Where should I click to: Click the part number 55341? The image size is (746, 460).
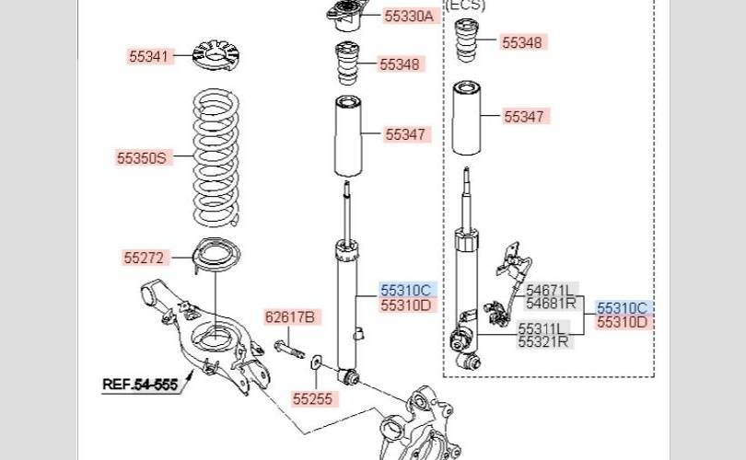[x=148, y=56]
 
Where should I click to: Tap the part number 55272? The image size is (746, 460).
[x=144, y=257]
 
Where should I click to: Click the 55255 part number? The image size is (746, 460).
[x=312, y=398]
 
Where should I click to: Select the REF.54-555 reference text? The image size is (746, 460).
[x=139, y=383]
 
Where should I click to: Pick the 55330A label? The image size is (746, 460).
[x=409, y=16]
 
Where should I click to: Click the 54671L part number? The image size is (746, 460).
[x=550, y=290]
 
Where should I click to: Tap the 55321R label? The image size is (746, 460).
[x=543, y=341]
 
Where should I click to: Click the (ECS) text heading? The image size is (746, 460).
[x=465, y=5]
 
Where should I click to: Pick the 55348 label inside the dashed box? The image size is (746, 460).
[x=523, y=42]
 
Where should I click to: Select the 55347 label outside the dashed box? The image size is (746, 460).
[x=405, y=134]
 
